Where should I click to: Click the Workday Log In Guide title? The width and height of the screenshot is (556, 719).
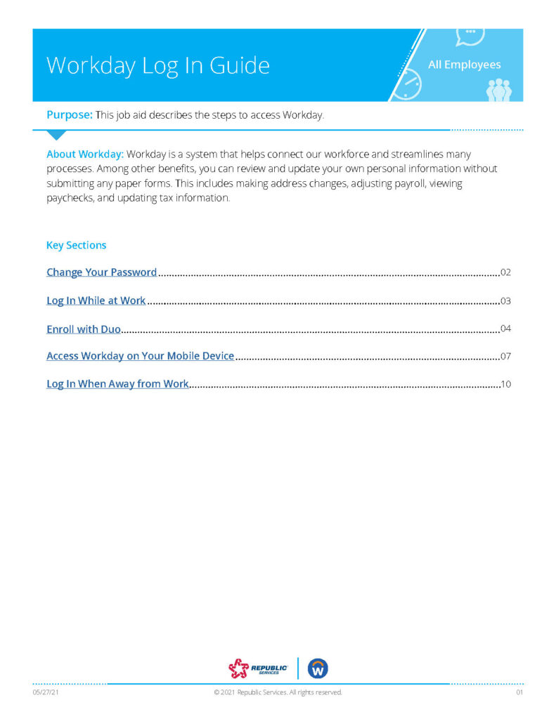tap(158, 65)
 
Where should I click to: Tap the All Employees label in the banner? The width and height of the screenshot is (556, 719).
tap(464, 65)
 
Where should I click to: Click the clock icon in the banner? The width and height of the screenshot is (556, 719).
tap(405, 86)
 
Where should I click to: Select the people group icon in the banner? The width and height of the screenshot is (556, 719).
tap(499, 90)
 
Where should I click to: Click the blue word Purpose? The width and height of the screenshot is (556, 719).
tap(69, 115)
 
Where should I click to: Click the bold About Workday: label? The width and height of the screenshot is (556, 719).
tap(84, 154)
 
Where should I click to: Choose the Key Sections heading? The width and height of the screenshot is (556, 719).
tap(76, 245)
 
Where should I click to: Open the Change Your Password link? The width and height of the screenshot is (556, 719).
tap(101, 272)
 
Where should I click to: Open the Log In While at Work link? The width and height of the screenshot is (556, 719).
tap(96, 301)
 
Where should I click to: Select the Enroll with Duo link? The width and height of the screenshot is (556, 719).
tap(84, 329)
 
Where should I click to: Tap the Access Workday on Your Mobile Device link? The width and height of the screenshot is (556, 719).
tap(140, 356)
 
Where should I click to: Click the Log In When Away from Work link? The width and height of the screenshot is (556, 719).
tap(117, 384)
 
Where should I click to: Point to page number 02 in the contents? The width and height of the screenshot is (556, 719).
tap(505, 272)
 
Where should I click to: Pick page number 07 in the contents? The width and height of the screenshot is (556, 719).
tap(505, 356)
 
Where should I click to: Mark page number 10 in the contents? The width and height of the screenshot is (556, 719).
tap(505, 384)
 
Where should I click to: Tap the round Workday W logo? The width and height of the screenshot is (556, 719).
tap(318, 668)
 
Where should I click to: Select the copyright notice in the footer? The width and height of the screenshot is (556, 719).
tap(278, 692)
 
